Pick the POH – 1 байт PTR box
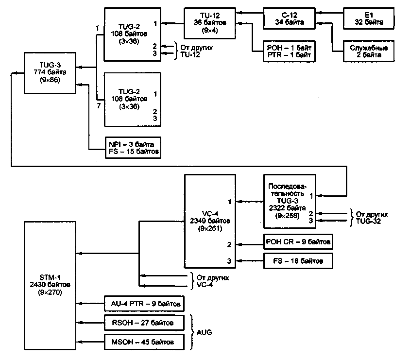289,51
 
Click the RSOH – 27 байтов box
144,322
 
